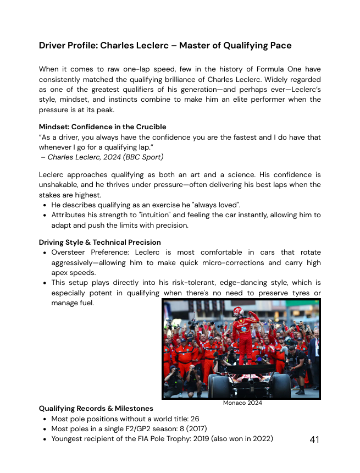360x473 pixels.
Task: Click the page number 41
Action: [x=314, y=439]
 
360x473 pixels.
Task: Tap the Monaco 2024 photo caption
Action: [x=242, y=403]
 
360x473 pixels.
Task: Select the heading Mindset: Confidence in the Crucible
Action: [x=102, y=127]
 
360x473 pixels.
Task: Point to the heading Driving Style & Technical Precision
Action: [x=99, y=242]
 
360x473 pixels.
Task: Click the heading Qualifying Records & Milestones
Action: [x=96, y=409]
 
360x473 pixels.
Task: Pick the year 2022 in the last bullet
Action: [x=262, y=439]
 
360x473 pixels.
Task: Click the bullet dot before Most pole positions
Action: [x=44, y=419]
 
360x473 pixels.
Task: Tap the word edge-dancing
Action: [x=215, y=283]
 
